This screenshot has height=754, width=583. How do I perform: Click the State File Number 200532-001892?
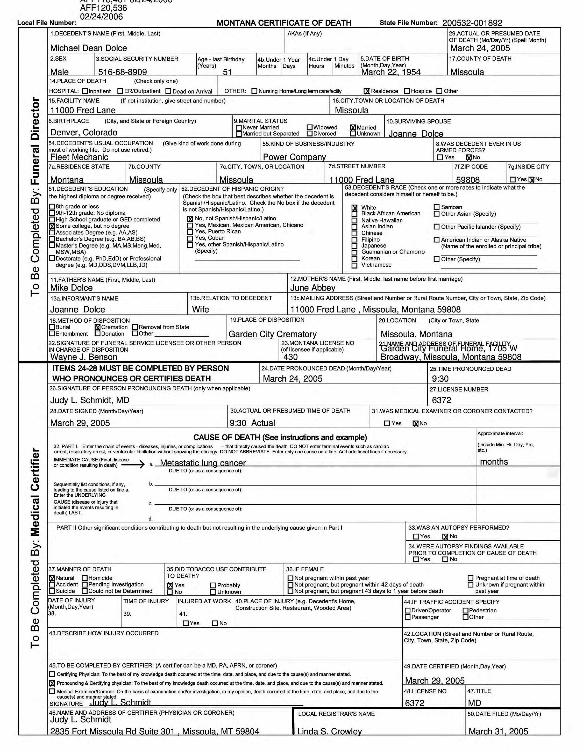pyautogui.click(x=472, y=23)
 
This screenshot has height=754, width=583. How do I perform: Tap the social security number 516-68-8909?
pyautogui.click(x=123, y=72)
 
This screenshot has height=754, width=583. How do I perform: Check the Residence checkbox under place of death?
pyautogui.click(x=367, y=91)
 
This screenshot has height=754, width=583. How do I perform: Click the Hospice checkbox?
pyautogui.click(x=407, y=91)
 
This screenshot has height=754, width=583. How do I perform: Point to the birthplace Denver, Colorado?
pyautogui.click(x=84, y=132)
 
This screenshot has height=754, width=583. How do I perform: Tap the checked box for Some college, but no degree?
pyautogui.click(x=52, y=226)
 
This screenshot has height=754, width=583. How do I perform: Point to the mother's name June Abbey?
pyautogui.click(x=312, y=288)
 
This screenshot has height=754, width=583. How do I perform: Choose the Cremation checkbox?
pyautogui.click(x=97, y=327)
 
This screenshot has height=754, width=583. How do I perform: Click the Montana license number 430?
pyautogui.click(x=290, y=357)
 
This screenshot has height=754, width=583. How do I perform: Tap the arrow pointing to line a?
pyautogui.click(x=133, y=465)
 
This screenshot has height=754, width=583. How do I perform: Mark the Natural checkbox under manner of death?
pyautogui.click(x=52, y=578)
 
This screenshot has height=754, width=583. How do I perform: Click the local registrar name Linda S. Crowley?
pyautogui.click(x=330, y=731)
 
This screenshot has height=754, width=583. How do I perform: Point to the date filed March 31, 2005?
pyautogui.click(x=498, y=731)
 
